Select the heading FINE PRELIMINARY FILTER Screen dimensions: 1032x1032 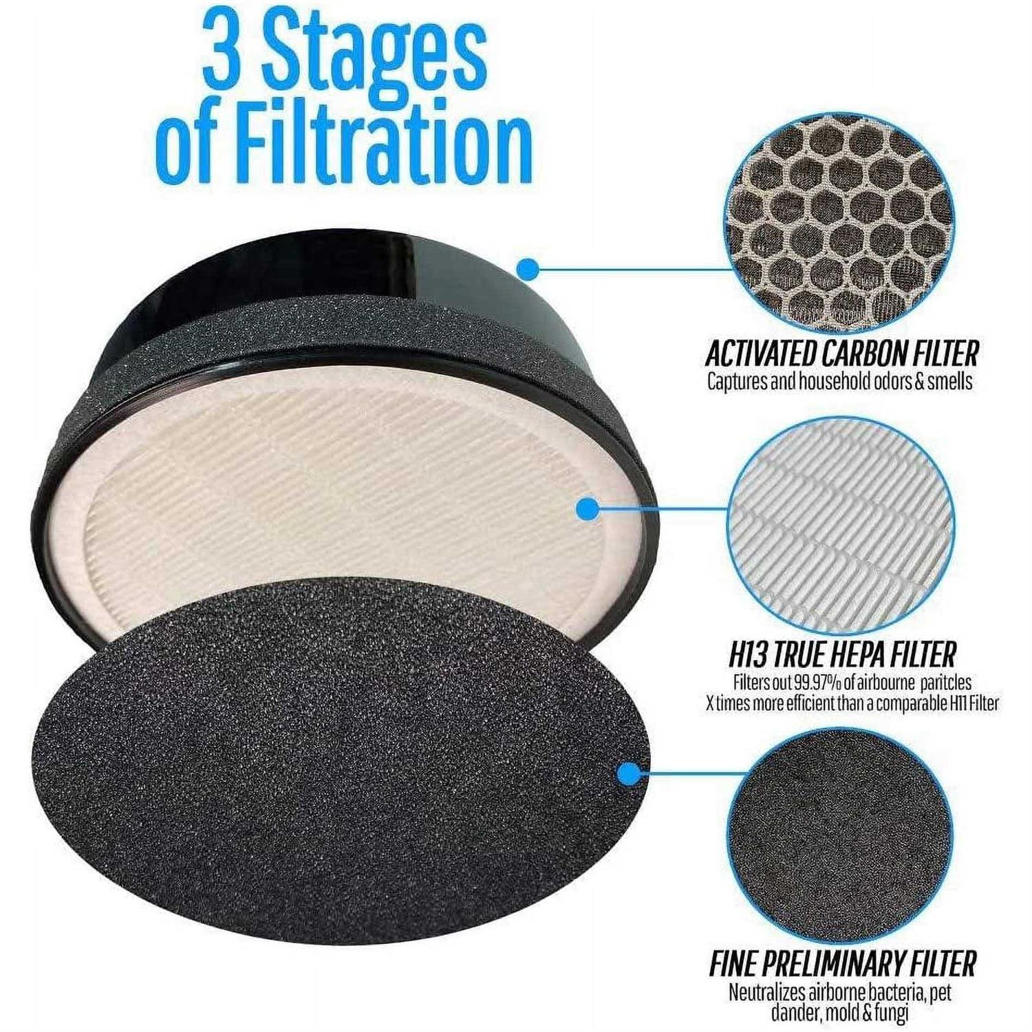[842, 963]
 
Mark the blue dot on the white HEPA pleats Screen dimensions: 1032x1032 [586, 509]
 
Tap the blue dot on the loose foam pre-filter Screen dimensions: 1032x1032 [627, 775]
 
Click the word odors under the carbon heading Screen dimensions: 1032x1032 [890, 382]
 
